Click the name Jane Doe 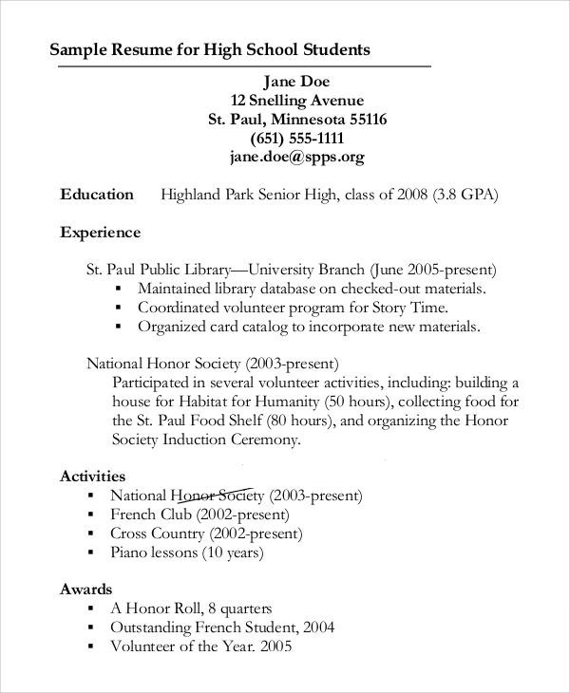(296, 81)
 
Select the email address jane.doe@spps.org (296, 157)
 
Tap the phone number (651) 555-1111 (296, 139)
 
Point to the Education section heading (97, 195)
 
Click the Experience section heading (100, 233)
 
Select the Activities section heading (92, 476)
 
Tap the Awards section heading (85, 590)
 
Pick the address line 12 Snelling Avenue (296, 100)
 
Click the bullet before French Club (90, 515)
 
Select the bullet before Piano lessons (90, 553)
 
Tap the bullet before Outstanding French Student (90, 628)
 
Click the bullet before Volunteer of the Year (90, 647)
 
